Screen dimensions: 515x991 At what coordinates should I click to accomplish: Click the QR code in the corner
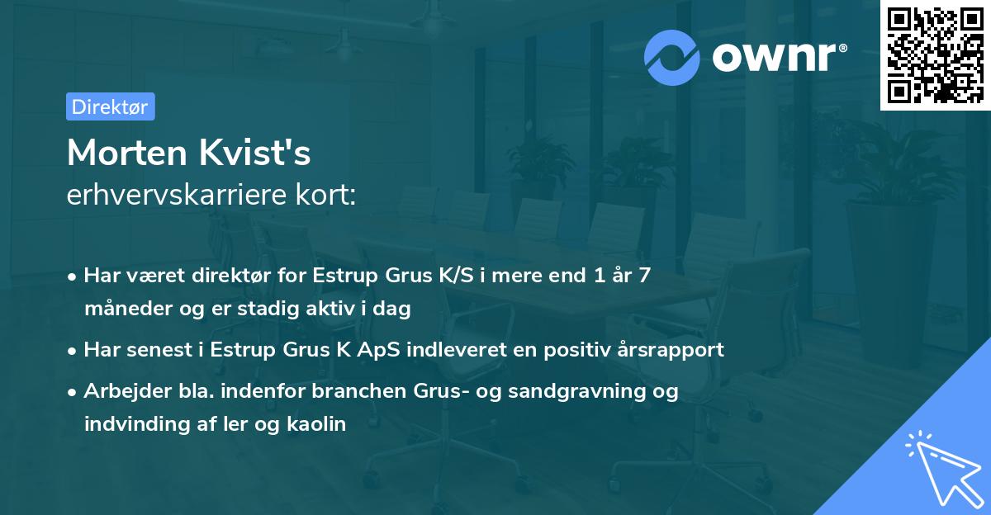(935, 55)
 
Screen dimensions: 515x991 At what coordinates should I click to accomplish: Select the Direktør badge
(110, 106)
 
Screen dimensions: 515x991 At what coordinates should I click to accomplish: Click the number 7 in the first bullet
(644, 276)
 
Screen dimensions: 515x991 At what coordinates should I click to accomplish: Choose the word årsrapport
(674, 349)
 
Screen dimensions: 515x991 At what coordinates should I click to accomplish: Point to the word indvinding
(129, 425)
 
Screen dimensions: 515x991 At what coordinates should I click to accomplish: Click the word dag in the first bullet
(393, 309)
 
